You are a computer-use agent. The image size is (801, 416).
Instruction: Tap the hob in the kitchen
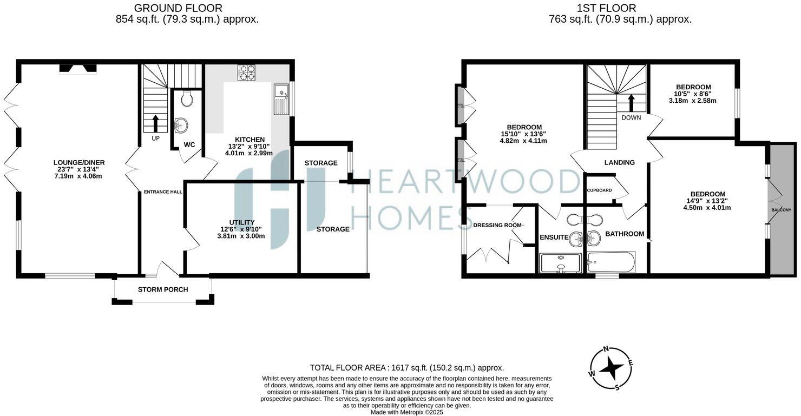click(x=247, y=73)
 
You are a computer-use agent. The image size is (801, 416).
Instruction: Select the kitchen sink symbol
click(x=281, y=99)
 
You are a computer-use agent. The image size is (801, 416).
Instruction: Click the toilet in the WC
click(x=187, y=98)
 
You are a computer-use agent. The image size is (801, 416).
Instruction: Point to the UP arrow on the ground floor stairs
click(x=156, y=123)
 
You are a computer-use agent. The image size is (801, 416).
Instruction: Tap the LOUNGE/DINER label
click(x=79, y=162)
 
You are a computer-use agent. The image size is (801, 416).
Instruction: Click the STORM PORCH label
click(x=163, y=289)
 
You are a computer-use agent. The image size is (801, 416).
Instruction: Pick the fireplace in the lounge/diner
click(x=78, y=69)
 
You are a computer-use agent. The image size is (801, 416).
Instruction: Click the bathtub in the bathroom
click(x=611, y=262)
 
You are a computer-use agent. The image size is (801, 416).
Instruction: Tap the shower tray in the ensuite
click(x=560, y=263)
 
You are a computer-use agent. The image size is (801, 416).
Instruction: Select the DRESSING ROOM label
click(x=497, y=225)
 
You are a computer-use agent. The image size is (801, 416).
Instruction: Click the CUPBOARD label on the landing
click(x=600, y=190)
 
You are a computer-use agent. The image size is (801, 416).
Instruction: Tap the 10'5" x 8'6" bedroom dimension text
click(x=693, y=94)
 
